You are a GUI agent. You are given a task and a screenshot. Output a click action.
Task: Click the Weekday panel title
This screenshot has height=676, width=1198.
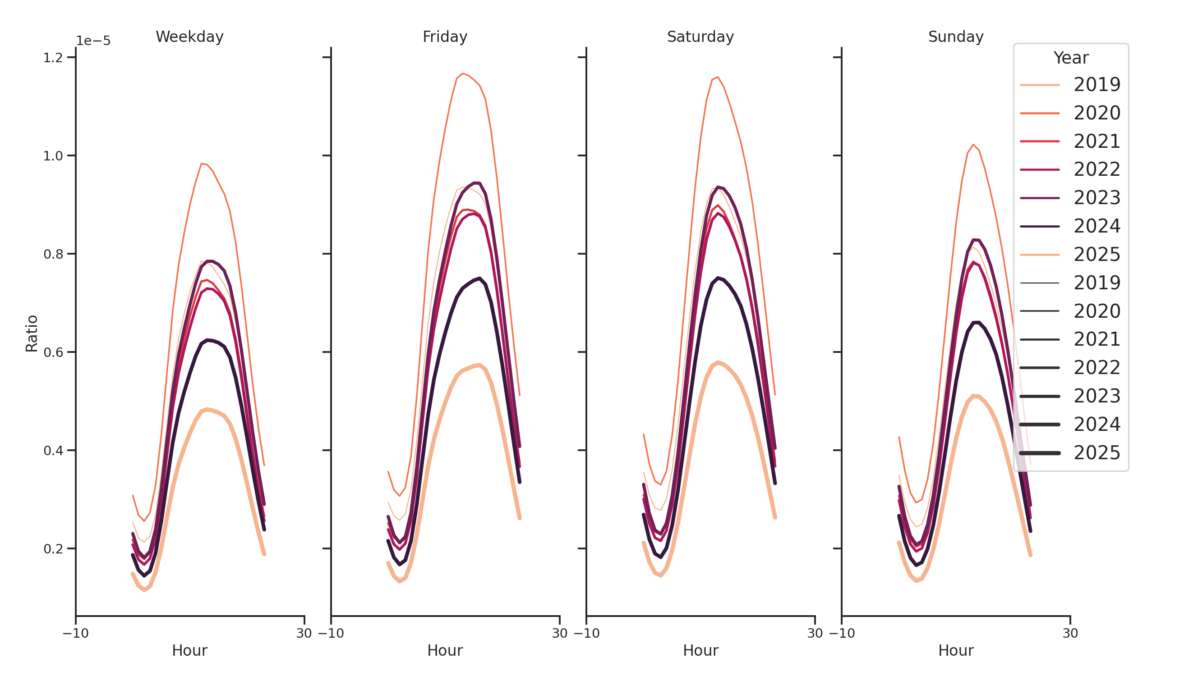(189, 37)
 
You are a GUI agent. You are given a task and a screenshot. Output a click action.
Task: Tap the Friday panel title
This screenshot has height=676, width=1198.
(445, 37)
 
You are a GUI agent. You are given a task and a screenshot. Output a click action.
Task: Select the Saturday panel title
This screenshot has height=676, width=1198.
(700, 37)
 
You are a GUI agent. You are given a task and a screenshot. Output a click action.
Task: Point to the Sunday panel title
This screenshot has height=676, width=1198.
(955, 37)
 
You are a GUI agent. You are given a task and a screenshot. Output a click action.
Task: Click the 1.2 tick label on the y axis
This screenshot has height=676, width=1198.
(53, 58)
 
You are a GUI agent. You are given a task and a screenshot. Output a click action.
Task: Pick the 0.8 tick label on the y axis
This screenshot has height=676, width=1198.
(53, 254)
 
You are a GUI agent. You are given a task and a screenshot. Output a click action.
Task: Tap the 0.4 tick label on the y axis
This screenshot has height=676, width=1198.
(53, 451)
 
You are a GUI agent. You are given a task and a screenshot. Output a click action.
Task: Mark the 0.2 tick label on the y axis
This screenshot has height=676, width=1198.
(53, 549)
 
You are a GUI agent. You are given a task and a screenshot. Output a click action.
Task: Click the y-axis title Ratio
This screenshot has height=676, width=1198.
(32, 333)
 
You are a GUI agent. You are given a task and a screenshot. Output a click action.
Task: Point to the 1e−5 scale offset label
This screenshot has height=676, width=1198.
(93, 41)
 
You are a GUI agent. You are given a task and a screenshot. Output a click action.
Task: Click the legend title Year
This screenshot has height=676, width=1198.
(1070, 58)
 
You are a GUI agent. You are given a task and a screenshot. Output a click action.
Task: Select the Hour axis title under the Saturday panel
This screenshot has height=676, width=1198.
(700, 650)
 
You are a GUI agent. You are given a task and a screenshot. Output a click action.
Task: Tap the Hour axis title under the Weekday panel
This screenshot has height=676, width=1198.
(189, 650)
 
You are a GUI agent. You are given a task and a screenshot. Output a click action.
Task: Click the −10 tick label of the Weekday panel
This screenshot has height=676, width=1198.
(75, 633)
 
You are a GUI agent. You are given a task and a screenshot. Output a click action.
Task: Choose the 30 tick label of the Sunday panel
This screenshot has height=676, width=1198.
(1070, 633)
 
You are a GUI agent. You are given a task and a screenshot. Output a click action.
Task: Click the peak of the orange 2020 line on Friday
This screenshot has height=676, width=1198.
(462, 73)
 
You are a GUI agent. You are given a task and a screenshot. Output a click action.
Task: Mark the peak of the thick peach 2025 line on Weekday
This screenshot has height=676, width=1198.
(207, 409)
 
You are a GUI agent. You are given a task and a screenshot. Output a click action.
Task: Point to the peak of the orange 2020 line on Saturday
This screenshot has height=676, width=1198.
(718, 77)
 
